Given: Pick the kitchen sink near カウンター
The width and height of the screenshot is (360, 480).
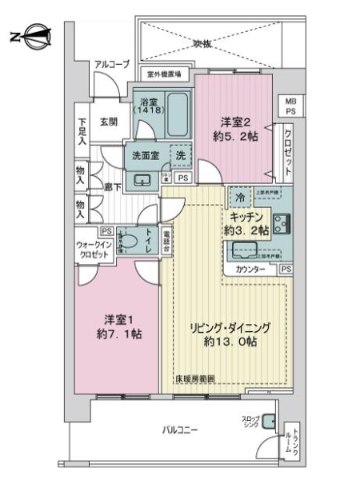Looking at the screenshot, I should [x=246, y=250].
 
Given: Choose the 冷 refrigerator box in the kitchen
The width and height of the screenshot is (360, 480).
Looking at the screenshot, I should [x=238, y=196].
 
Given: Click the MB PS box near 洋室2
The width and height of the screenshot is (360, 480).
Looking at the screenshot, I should [x=289, y=106].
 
